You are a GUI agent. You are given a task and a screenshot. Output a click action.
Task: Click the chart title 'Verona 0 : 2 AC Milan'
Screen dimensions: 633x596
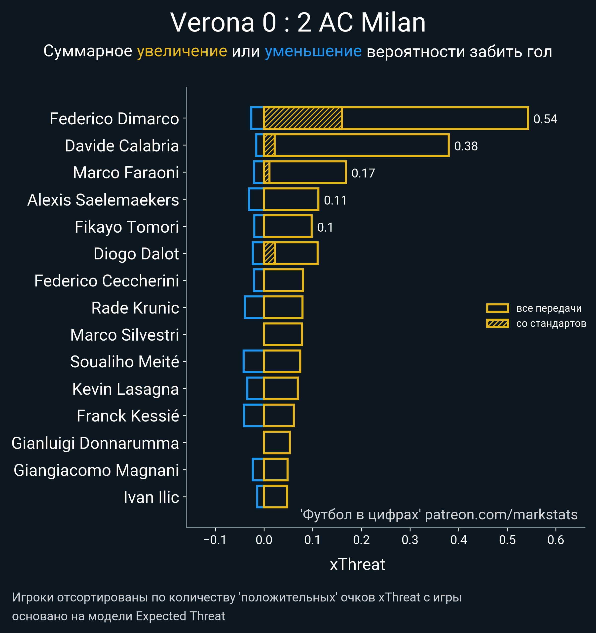pos(298,23)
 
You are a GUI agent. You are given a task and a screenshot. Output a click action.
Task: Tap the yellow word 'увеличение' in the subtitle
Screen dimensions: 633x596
pos(182,51)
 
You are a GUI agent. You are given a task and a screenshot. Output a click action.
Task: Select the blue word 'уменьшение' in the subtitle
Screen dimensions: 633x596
pos(313,51)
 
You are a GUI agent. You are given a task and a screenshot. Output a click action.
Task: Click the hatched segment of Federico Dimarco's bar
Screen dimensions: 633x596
pos(303,118)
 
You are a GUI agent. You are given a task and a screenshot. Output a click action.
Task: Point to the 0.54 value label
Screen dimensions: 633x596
pos(545,119)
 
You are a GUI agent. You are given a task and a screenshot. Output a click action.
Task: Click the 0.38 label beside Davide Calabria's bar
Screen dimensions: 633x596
pos(466,146)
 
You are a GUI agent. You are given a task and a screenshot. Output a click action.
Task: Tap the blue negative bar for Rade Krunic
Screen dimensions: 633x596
pos(254,307)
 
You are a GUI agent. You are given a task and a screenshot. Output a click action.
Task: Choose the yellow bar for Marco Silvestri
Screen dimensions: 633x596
pos(283,334)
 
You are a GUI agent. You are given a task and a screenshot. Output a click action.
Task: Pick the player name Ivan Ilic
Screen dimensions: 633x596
pos(151,497)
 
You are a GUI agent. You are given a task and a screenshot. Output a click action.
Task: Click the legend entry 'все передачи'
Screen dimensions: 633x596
pos(549,308)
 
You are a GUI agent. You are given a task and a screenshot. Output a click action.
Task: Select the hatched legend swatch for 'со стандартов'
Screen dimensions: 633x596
pos(497,323)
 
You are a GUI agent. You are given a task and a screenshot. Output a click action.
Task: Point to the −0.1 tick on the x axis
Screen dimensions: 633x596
pos(215,540)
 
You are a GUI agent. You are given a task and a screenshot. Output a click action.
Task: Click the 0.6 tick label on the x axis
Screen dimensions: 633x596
pos(556,540)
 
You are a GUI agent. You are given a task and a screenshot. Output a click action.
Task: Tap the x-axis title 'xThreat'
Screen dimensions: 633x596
pos(357,564)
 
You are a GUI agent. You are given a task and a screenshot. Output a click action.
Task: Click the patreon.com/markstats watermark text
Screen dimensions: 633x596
pos(501,515)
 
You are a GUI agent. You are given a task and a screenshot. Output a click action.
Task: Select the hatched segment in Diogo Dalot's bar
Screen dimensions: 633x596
pos(269,253)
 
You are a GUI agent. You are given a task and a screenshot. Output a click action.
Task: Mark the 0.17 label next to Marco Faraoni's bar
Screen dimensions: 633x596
pos(363,173)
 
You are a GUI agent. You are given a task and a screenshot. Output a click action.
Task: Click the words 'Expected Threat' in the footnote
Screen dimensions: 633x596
pos(180,616)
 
